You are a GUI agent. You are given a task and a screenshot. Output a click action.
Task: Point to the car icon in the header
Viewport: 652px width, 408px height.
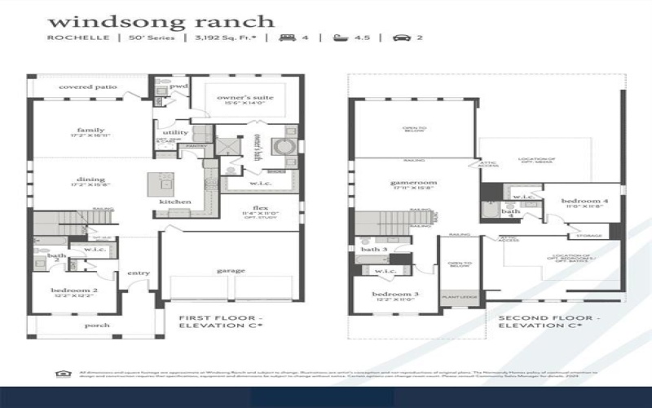pos(399,38)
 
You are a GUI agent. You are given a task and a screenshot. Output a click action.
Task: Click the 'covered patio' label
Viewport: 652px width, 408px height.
pos(88,86)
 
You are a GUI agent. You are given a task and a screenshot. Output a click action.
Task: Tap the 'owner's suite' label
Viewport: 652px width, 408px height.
pos(244,97)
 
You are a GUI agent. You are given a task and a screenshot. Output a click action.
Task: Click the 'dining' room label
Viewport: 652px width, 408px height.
pos(90,179)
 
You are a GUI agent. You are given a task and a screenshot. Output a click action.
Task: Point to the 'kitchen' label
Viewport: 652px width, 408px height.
pos(175,202)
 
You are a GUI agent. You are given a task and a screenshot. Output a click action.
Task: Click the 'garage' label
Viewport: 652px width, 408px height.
pos(231,270)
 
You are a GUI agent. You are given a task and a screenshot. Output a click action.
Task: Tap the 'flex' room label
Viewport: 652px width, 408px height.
pos(261,207)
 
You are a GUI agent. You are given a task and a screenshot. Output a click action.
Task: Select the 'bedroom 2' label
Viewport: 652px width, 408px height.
pos(75,290)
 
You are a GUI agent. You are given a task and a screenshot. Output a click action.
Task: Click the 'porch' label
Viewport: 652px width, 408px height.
pos(98,325)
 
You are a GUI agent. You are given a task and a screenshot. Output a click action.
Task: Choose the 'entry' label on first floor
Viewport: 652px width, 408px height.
pos(139,273)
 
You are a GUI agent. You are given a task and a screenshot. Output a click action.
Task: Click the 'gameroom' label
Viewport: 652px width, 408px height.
pos(414,183)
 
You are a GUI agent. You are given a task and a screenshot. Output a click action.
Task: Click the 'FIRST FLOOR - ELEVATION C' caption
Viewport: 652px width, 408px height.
pos(219,320)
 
